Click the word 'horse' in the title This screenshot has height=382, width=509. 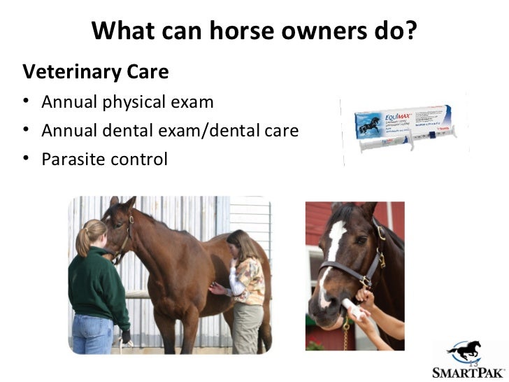pyautogui.click(x=229, y=31)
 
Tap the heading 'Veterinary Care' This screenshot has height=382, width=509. pyautogui.click(x=96, y=71)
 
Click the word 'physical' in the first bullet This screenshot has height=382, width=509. pyautogui.click(x=134, y=103)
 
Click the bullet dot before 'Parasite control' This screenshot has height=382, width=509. pyautogui.click(x=27, y=159)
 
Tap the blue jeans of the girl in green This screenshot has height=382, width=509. pyautogui.click(x=92, y=334)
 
